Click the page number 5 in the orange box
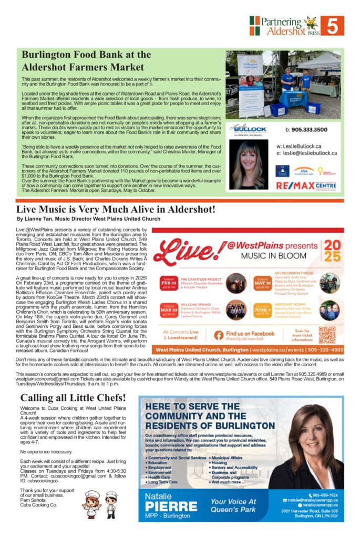(335, 25)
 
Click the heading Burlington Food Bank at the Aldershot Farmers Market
(86, 60)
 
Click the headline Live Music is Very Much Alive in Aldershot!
(116, 209)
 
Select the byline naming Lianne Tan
(88, 219)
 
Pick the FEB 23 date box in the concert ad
(169, 283)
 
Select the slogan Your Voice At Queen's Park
(233, 505)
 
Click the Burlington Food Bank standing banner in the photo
(249, 87)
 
